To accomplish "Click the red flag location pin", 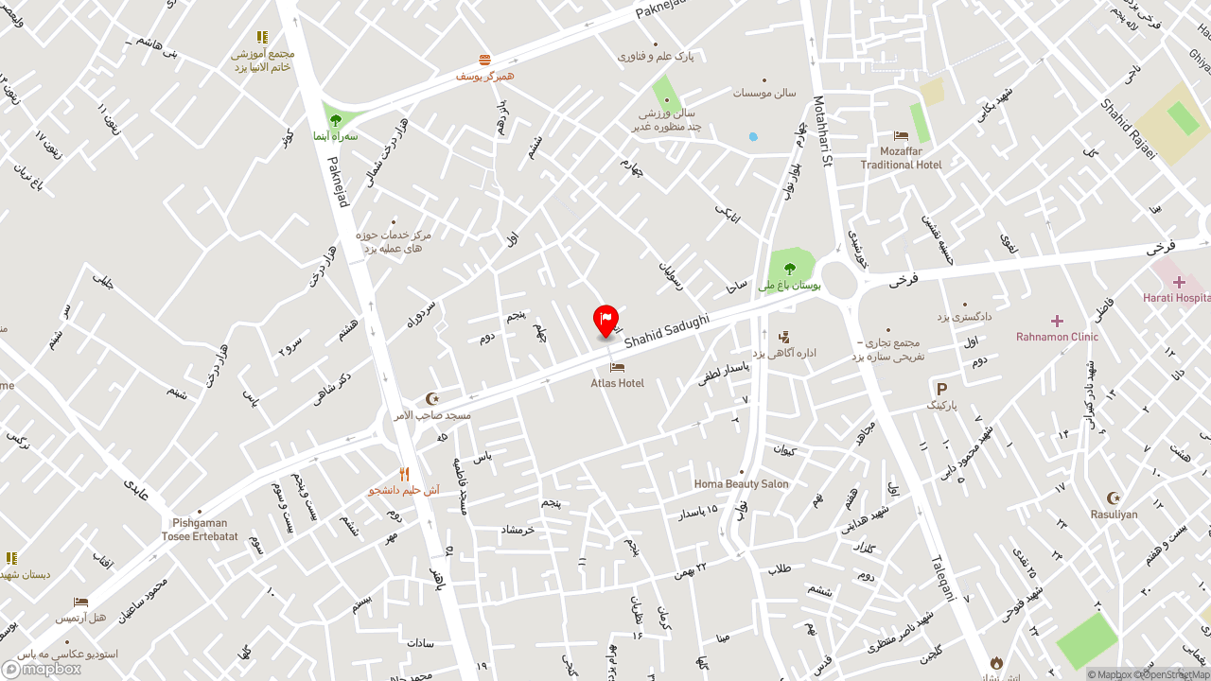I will point(605,321).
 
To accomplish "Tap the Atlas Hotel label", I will point(617,383).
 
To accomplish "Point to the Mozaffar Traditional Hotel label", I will point(901,158).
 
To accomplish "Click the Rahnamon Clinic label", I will point(1057,337).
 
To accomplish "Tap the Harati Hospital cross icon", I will point(1179,282).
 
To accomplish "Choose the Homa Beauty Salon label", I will point(741,484).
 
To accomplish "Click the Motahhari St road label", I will point(820,131).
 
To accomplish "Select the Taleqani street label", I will point(950,577).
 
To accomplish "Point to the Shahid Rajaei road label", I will point(1128,129).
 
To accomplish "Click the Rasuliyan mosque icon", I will point(1114,498).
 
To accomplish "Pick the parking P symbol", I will point(941,389).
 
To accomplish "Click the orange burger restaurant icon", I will point(484,61).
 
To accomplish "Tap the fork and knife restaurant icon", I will point(404,474).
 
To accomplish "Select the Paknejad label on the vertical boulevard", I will point(338,182).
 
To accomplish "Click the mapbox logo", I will point(42,669).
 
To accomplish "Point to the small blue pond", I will point(753,136).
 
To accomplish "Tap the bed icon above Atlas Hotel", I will point(617,367).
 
